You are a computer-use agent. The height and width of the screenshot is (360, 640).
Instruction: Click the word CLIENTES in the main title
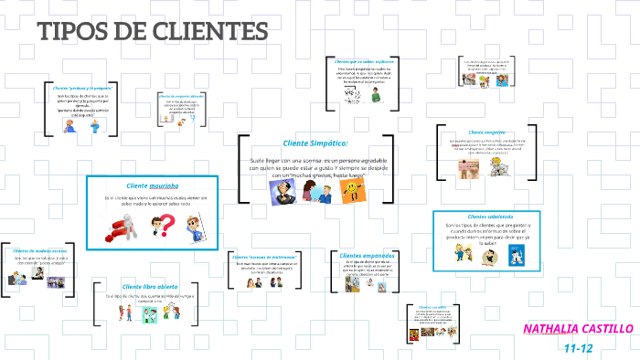206,32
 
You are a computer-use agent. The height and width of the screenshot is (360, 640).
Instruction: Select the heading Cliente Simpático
315,143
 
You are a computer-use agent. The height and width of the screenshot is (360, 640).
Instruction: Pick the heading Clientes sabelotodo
492,216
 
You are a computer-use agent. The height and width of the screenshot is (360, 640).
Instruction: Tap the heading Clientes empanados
366,255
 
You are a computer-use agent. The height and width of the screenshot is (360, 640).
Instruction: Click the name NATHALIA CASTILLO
578,328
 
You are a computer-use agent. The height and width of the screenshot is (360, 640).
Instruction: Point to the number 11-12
578,347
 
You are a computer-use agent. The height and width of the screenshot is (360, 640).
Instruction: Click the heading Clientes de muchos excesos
39,250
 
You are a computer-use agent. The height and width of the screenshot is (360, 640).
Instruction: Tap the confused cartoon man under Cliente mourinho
195,228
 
